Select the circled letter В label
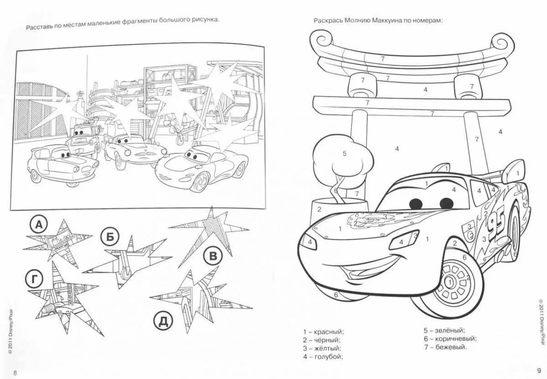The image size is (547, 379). click(x=212, y=256)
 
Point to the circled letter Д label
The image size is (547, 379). click(x=164, y=321)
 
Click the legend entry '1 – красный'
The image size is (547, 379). click(x=323, y=331)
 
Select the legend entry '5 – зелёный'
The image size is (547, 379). click(x=444, y=330)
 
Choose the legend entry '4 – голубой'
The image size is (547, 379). click(x=323, y=356)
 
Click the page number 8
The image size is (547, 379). click(x=15, y=373)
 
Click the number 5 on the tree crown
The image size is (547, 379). click(x=345, y=154)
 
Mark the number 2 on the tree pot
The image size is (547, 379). click(x=320, y=209)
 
